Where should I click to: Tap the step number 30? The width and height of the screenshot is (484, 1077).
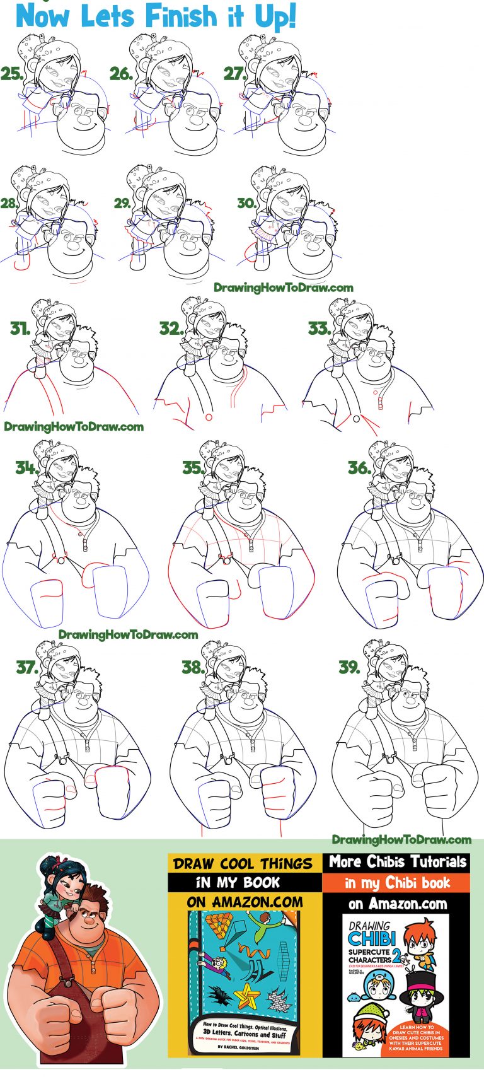click(246, 203)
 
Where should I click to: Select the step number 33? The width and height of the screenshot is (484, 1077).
click(319, 329)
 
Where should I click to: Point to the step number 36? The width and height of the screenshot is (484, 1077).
click(359, 467)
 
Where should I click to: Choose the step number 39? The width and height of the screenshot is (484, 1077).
click(350, 667)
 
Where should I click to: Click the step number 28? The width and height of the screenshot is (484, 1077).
click(11, 203)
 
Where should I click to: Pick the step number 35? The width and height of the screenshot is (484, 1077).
click(193, 467)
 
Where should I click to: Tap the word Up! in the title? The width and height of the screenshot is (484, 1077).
click(272, 17)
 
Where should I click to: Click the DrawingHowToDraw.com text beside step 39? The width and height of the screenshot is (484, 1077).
click(401, 839)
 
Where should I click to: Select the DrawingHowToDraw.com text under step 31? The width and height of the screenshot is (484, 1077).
click(74, 426)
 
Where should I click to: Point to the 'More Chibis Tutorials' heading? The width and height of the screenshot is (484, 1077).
click(398, 862)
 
